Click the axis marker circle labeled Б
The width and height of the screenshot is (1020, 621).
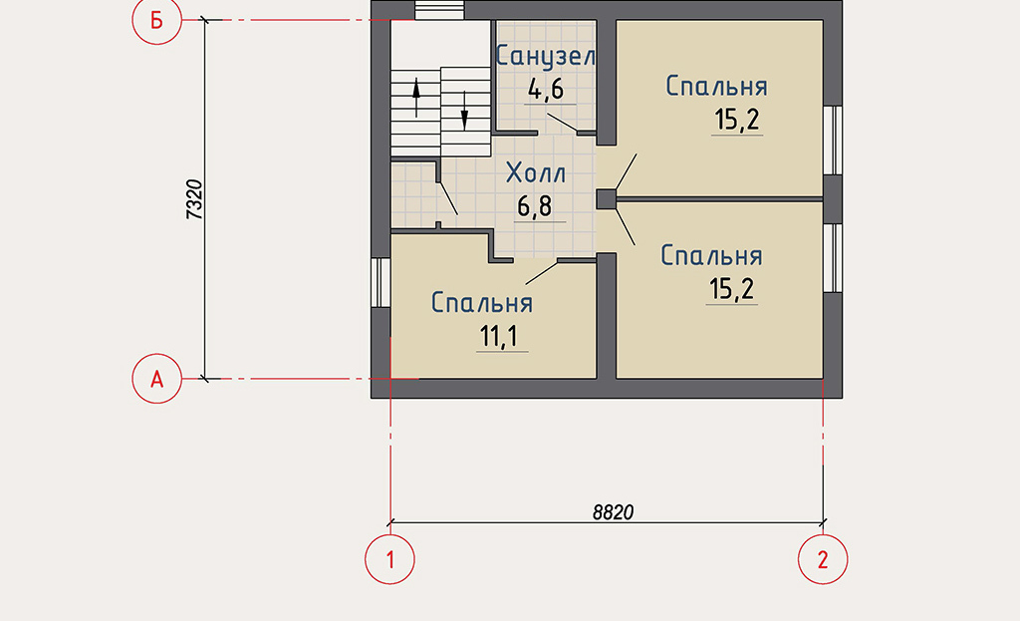click(x=156, y=20)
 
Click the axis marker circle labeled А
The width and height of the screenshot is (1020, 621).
click(x=156, y=378)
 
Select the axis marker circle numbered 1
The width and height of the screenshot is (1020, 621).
click(x=389, y=559)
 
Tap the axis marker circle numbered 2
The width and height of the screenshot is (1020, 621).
click(x=823, y=559)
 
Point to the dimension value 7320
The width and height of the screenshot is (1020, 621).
click(x=195, y=199)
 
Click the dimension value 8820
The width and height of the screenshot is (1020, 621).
click(x=613, y=512)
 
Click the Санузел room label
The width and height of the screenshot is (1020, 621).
click(x=546, y=57)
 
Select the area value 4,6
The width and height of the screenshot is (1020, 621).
click(x=546, y=89)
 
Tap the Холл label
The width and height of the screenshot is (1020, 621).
click(x=536, y=173)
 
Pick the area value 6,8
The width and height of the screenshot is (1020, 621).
click(x=535, y=206)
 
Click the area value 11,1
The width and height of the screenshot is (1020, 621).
click(x=499, y=337)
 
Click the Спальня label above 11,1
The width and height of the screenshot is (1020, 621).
click(x=482, y=303)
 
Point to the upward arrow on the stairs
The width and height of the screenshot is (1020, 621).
click(x=416, y=98)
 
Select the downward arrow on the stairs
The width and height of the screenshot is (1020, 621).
click(x=464, y=110)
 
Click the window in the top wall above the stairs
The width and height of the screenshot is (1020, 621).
click(x=439, y=10)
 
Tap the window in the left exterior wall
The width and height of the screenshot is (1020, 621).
click(x=381, y=282)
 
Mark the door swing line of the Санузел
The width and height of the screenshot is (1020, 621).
click(x=562, y=123)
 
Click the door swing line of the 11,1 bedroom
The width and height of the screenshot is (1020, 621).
click(x=542, y=272)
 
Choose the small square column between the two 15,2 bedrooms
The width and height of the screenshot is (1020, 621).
click(x=607, y=199)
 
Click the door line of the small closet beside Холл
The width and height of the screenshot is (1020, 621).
click(x=447, y=198)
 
